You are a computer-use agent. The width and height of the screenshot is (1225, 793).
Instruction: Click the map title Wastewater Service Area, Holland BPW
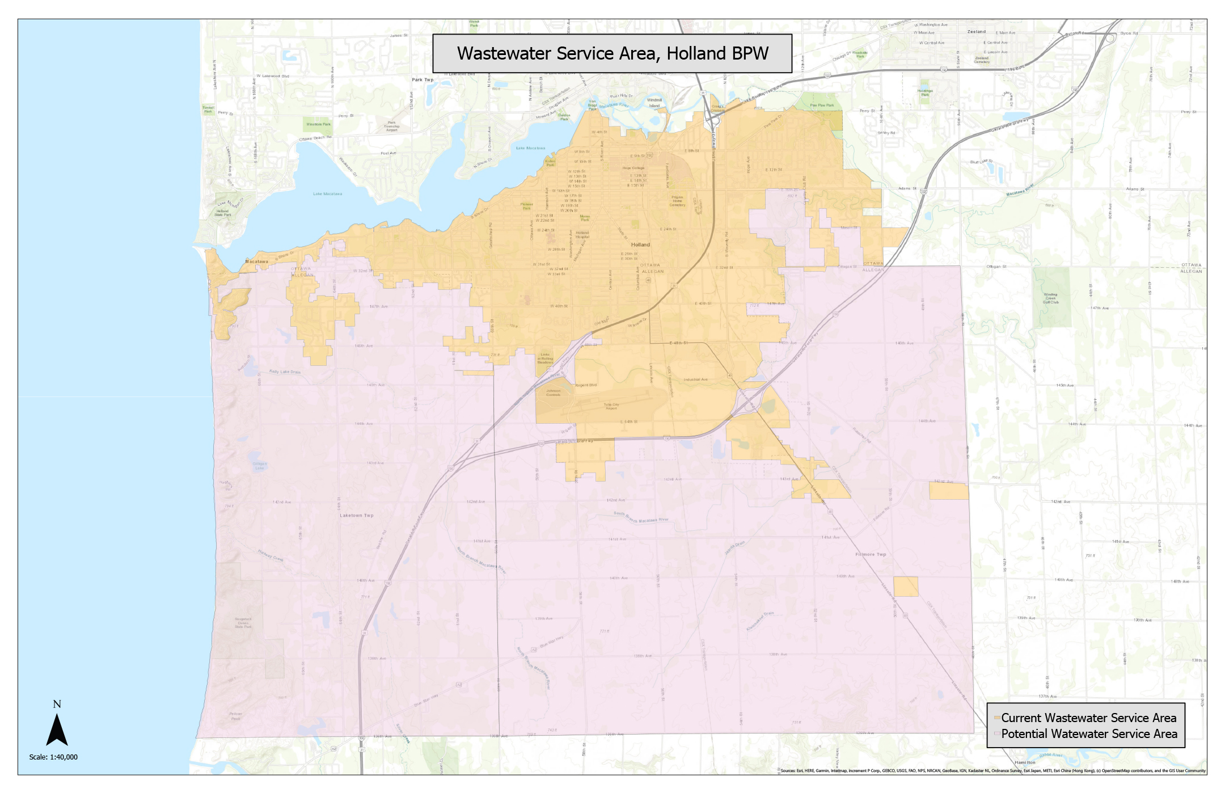coord(612,53)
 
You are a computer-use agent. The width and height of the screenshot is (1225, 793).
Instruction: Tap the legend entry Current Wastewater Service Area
coord(1088,718)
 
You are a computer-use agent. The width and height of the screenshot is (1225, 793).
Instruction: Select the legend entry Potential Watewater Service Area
coord(1088,733)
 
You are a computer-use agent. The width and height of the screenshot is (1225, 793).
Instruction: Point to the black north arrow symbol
coord(57,730)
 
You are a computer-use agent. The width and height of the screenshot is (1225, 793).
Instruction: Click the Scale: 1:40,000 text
coord(53,757)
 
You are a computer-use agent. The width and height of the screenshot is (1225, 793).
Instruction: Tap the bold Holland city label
coord(640,244)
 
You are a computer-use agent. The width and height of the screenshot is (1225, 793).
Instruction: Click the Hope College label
coord(633,168)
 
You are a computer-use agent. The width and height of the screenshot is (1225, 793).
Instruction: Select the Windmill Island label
coord(654,103)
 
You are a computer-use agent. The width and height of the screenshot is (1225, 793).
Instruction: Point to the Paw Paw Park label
coord(822,105)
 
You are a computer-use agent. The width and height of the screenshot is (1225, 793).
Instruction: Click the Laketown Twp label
coord(356,516)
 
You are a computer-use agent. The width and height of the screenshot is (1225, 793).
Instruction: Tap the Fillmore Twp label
coord(870,554)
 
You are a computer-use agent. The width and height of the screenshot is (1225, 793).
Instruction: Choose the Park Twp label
coord(423,80)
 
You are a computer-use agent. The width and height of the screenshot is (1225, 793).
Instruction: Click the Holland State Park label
coord(222,213)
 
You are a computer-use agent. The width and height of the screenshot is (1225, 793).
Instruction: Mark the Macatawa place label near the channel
coord(256,261)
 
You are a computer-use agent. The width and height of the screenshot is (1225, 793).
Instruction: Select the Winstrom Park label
coord(318,124)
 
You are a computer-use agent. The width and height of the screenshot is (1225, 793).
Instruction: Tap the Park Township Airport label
coord(391,126)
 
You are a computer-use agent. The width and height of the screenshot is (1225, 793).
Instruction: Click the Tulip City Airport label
coord(611,406)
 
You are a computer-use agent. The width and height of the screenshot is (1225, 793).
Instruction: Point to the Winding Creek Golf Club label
coord(1050,298)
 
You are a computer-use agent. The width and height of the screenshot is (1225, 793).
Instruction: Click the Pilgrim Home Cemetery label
coord(677,201)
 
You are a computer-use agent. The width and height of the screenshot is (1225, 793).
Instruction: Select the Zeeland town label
coord(976,32)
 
